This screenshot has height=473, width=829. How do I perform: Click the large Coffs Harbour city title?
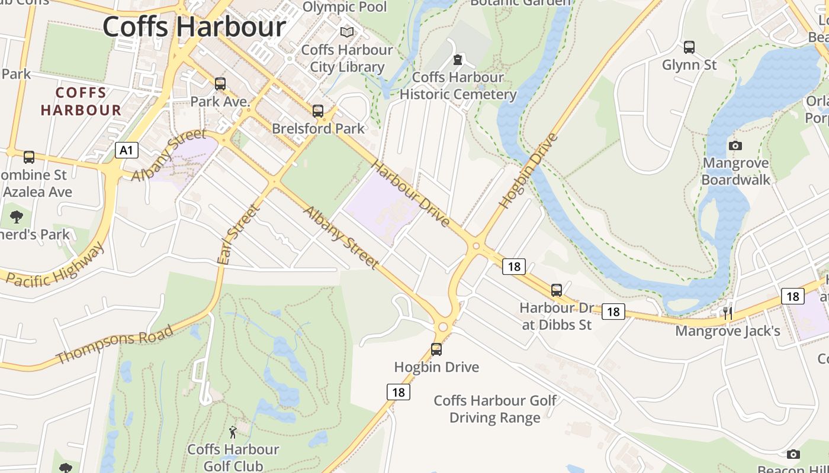point(194,27)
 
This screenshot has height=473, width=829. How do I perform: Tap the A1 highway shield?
point(126,150)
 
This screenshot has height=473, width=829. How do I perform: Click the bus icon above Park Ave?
point(220,84)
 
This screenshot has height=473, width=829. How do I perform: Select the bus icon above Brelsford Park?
point(318,111)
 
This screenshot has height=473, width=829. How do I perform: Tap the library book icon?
point(347,32)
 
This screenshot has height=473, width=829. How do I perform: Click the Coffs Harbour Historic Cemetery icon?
point(457,60)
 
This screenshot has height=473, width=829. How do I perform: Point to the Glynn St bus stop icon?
point(689,47)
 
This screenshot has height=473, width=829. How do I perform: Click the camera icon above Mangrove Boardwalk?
point(735,145)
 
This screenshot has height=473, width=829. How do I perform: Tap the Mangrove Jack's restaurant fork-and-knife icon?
point(728,313)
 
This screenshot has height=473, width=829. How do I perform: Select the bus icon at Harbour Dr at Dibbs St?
point(556,290)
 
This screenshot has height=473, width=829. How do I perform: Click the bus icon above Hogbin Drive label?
point(436,349)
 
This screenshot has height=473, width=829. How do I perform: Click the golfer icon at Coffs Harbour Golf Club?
point(233,432)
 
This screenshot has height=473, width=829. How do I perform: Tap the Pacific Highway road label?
point(55,264)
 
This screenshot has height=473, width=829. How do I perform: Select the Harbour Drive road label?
point(411,193)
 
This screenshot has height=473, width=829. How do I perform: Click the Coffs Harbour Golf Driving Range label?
point(495,409)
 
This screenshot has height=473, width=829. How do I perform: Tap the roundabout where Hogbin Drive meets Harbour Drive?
point(476,245)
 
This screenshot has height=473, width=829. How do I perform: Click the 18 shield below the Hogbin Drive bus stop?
point(399,391)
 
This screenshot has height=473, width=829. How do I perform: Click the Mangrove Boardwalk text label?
point(735,171)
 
